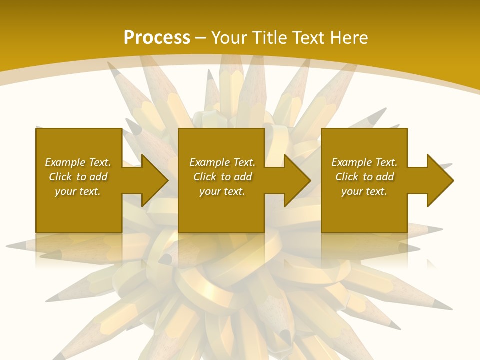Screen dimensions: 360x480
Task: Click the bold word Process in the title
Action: coord(157,38)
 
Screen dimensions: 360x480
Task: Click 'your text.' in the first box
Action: coord(77,191)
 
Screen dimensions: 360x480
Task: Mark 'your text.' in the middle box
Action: coord(222,191)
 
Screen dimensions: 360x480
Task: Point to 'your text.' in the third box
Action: coord(364,191)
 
